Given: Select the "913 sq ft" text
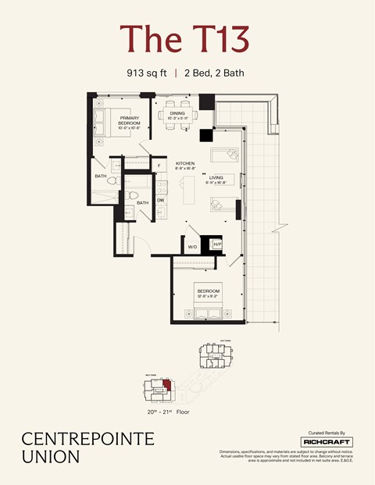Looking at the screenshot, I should (147, 73).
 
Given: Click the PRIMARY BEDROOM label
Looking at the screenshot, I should (129, 122).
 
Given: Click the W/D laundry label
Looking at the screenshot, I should (192, 247).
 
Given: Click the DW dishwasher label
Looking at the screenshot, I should (160, 201).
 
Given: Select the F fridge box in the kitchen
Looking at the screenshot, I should (159, 166).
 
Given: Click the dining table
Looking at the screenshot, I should (177, 115).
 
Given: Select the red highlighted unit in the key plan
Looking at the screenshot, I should (166, 385).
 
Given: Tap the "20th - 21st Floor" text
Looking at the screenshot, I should (167, 412).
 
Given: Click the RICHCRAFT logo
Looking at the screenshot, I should (327, 442).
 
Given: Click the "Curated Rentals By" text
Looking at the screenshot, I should (327, 431).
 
